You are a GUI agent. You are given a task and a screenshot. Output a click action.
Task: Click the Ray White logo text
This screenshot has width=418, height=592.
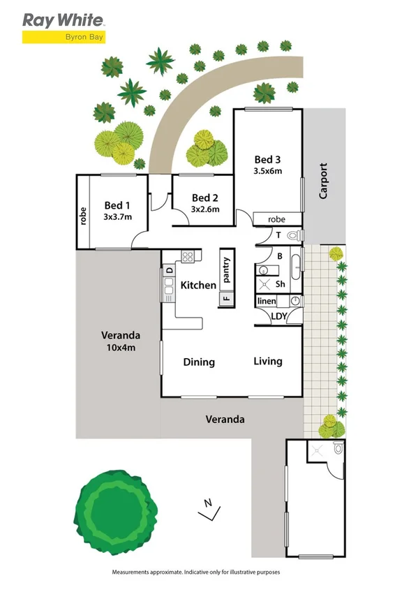(64, 20)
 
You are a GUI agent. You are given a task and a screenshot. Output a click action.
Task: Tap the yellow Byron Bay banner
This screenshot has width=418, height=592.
(64, 38)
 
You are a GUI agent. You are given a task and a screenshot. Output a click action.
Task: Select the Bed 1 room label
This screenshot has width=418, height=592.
(117, 205)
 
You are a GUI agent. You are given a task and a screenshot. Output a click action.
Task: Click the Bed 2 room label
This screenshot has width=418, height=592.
(205, 198)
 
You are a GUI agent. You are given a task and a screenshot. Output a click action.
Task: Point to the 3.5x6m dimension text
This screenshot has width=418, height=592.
(268, 171)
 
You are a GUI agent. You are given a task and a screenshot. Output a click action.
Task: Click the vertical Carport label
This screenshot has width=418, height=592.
(323, 182)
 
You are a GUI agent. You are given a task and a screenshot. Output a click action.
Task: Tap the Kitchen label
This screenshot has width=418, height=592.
(198, 285)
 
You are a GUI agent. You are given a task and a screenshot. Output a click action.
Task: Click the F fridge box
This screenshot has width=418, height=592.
(226, 299)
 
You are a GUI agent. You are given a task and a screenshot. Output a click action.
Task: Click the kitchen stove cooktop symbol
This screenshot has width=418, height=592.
(187, 256)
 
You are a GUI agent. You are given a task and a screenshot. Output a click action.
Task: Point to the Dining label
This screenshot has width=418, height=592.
(199, 362)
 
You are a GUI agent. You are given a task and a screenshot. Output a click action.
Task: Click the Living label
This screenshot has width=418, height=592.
(268, 361)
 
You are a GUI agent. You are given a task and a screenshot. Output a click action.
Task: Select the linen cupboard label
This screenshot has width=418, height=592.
(267, 301)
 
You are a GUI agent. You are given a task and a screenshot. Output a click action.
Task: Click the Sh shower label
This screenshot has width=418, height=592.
(280, 284)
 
